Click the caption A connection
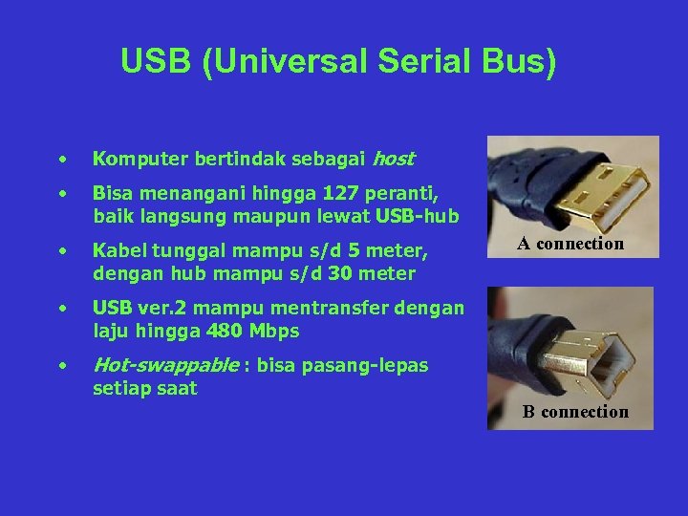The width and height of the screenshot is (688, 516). [570, 244]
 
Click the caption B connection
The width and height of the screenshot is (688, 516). [575, 412]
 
